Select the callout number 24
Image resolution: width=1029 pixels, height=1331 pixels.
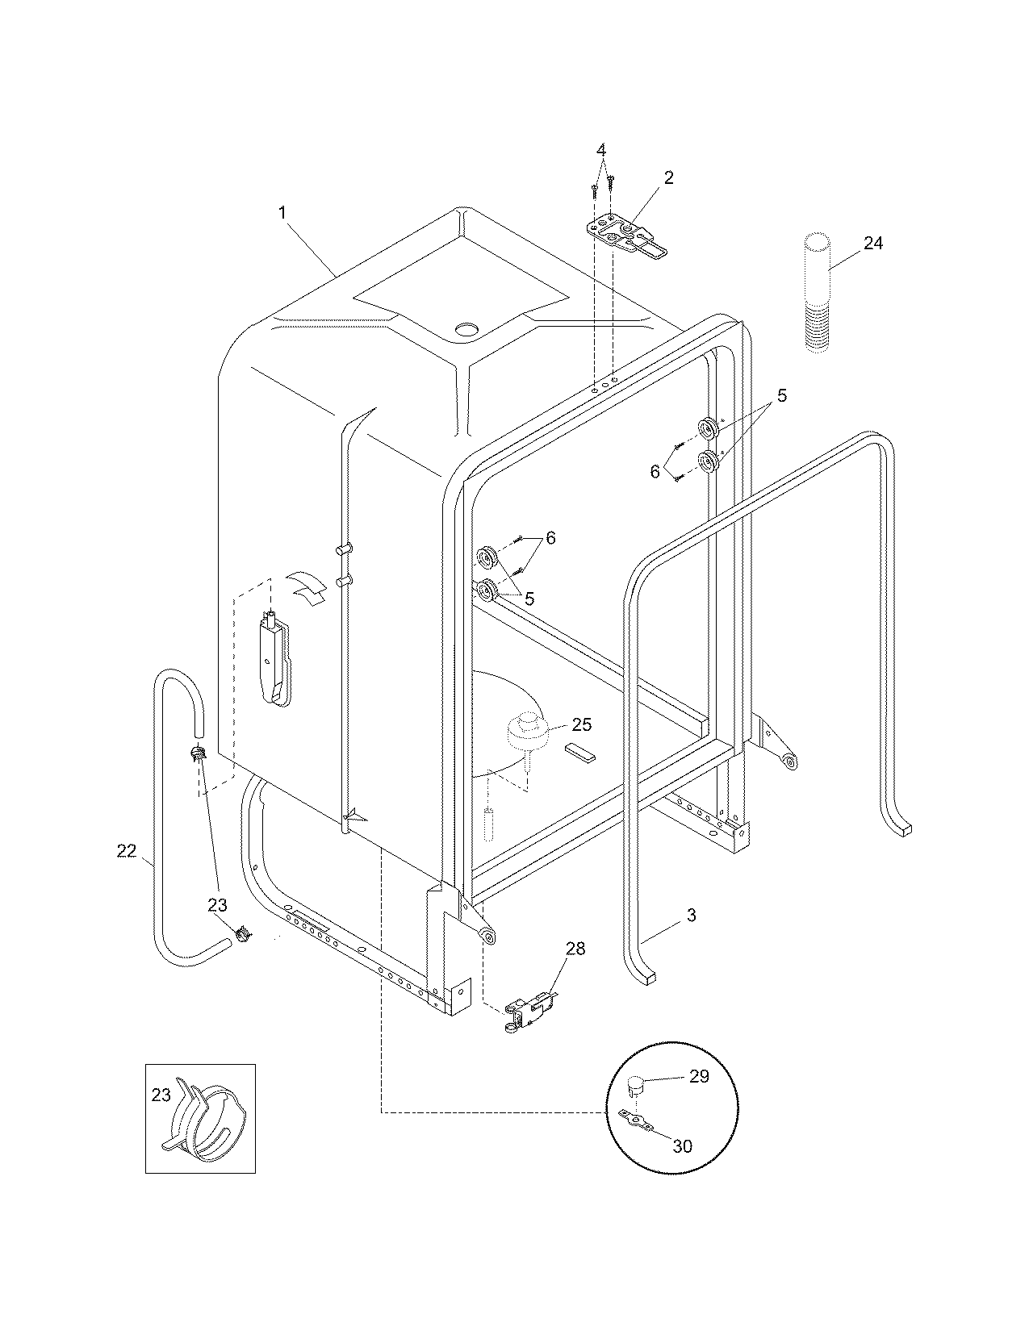873,242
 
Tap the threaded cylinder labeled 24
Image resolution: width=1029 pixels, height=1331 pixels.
817,290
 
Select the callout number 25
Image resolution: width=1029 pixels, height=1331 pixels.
582,724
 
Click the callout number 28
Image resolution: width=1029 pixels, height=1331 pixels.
575,948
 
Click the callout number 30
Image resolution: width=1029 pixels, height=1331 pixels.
682,1145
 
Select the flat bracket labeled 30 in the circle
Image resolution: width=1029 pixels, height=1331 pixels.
634,1117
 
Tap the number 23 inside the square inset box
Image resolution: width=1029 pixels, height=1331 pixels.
161,1095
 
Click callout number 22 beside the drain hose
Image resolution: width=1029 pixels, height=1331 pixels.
127,850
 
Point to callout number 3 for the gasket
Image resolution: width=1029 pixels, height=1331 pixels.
691,915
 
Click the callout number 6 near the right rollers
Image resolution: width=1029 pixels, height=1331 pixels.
655,472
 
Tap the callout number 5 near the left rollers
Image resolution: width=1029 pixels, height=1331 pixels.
529,599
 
